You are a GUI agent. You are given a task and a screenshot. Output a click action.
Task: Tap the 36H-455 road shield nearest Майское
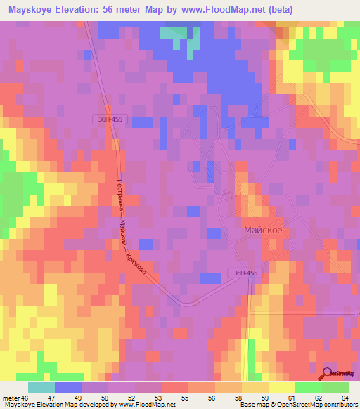tap(245, 272)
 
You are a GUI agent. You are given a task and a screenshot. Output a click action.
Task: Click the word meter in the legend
tap(11, 397)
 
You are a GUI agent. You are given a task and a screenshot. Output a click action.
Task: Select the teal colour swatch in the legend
tap(41, 387)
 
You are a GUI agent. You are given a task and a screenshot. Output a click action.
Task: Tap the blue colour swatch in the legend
tap(67, 387)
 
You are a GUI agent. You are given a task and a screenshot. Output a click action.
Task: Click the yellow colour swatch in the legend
tap(281, 387)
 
